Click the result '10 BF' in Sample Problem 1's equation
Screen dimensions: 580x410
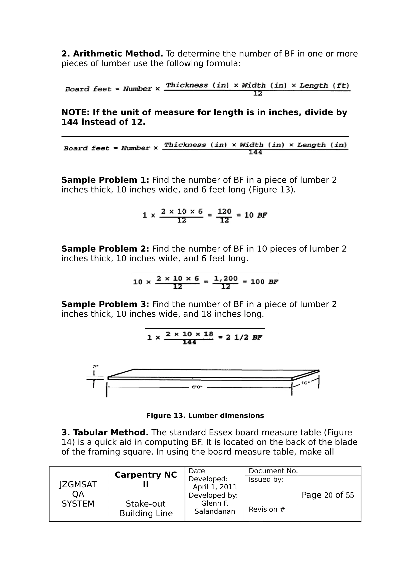[255, 215]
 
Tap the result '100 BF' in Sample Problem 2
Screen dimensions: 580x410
[264, 282]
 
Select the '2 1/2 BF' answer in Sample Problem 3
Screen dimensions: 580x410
[244, 337]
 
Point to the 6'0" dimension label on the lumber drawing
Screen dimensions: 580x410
[197, 387]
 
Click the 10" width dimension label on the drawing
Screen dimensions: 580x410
[305, 383]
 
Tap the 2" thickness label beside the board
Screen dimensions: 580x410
[95, 366]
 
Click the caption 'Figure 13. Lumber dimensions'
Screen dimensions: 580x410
[205, 415]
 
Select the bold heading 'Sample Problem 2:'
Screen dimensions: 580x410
[105, 249]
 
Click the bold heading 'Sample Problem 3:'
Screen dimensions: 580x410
[105, 304]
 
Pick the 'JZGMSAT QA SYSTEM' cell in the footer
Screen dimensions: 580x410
[78, 494]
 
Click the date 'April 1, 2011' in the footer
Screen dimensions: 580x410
[215, 487]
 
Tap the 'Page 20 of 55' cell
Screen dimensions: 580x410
[328, 495]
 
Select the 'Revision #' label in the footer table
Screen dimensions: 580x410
[267, 509]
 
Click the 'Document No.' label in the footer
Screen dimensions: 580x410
[273, 471]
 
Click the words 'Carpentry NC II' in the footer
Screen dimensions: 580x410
[146, 480]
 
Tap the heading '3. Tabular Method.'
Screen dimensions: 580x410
[105, 433]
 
